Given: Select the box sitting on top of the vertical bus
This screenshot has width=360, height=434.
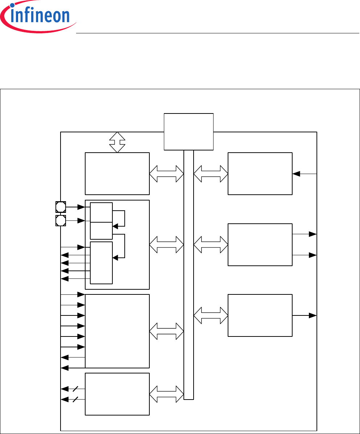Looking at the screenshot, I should click(189, 131).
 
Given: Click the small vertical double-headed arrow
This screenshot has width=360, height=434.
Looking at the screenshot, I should click(117, 142).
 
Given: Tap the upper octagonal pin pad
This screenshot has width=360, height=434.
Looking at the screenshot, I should click(61, 207).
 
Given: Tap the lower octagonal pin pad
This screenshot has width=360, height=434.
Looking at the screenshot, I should click(61, 220).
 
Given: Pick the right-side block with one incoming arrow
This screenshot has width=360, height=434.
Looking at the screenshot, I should click(260, 173).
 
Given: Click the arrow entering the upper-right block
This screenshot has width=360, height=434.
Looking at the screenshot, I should click(305, 174).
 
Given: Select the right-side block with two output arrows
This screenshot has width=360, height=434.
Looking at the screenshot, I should click(260, 244).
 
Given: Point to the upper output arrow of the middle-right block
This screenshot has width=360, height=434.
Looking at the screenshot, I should click(305, 234).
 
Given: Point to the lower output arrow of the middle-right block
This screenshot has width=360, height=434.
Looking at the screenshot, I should click(305, 255).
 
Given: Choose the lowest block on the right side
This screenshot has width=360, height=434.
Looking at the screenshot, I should click(260, 315).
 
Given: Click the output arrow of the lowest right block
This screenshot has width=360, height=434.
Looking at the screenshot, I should click(305, 315).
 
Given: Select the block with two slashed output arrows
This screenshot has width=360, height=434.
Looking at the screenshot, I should click(117, 394).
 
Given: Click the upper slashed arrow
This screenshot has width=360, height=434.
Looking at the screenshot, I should click(73, 389).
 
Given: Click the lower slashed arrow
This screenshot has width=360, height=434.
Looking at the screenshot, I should click(73, 400).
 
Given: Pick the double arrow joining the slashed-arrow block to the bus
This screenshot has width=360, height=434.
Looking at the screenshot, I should click(166, 394).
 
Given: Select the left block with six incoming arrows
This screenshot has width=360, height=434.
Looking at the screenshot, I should click(117, 331).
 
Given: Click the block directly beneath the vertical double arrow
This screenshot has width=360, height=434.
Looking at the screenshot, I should click(117, 173).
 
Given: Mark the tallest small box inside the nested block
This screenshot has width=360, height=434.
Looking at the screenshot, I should click(101, 263).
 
